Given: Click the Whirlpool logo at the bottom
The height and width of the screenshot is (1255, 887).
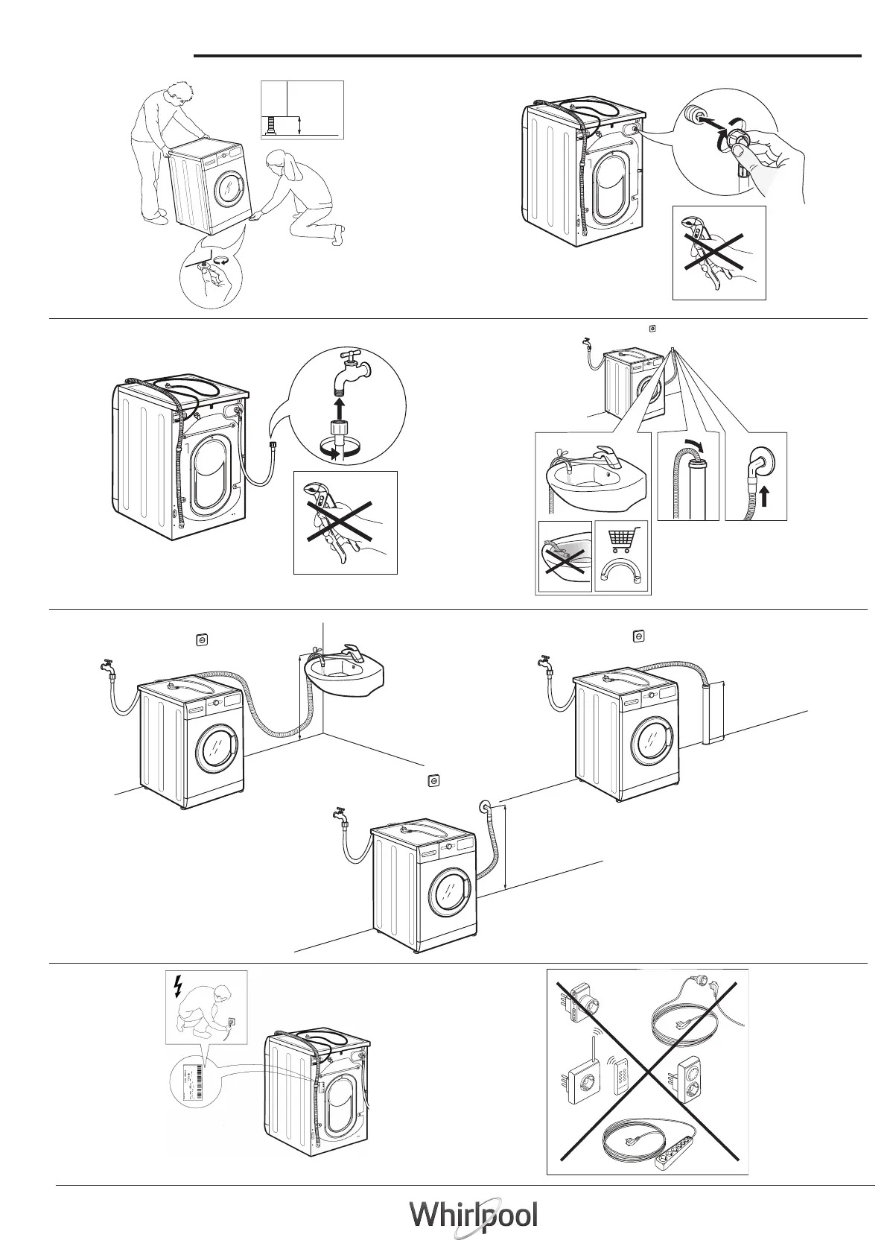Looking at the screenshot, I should pyautogui.click(x=473, y=1216).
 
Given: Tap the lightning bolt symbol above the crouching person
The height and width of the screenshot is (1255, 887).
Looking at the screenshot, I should pyautogui.click(x=177, y=985).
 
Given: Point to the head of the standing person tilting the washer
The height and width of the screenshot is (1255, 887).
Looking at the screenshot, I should pyautogui.click(x=178, y=93).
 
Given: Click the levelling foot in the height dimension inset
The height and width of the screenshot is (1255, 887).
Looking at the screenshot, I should pyautogui.click(x=273, y=124).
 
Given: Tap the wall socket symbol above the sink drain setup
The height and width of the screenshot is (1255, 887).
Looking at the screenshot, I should pyautogui.click(x=201, y=639).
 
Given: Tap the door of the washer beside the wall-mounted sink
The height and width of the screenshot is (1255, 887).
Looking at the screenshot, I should pyautogui.click(x=216, y=748).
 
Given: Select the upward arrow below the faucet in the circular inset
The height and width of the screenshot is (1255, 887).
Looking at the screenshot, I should pyautogui.click(x=340, y=408).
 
